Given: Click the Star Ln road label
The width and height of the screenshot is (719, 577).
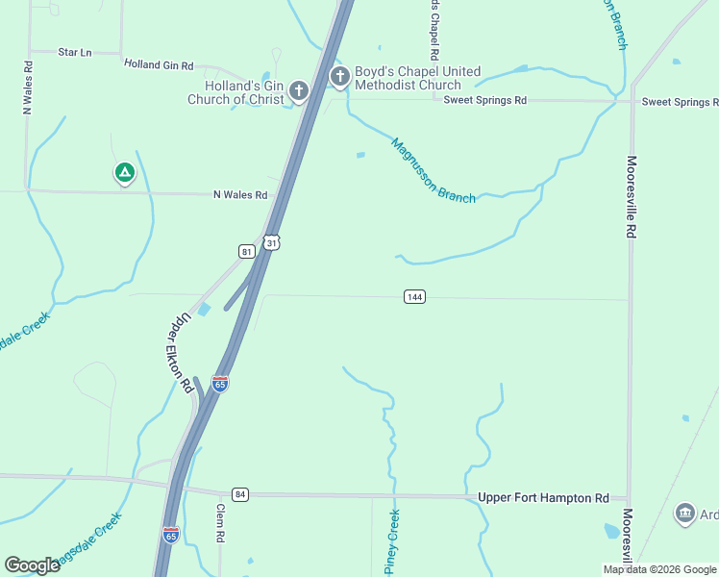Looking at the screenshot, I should pyautogui.click(x=74, y=52).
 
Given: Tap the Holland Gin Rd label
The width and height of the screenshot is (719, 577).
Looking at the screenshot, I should pyautogui.click(x=159, y=65).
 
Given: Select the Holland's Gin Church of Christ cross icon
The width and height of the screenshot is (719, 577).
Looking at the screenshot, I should pyautogui.click(x=299, y=91).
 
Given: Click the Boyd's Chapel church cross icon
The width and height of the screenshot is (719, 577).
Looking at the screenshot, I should pyautogui.click(x=338, y=77).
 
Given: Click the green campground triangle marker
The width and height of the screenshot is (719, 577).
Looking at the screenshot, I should pyautogui.click(x=124, y=174).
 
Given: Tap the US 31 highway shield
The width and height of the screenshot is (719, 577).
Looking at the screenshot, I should pyautogui.click(x=272, y=243).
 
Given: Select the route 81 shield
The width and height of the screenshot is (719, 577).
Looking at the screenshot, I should pyautogui.click(x=247, y=251).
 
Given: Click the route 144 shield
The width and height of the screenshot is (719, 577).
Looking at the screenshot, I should pyautogui.click(x=414, y=297).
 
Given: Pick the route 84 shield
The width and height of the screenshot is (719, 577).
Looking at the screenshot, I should pyautogui.click(x=240, y=494).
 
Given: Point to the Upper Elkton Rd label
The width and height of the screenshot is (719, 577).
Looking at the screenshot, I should pyautogui.click(x=176, y=353).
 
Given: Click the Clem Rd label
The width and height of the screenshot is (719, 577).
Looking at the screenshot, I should pyautogui.click(x=220, y=524).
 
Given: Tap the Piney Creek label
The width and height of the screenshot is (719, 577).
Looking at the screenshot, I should pyautogui.click(x=393, y=541).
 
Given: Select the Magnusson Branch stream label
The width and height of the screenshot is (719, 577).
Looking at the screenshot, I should pyautogui.click(x=433, y=170).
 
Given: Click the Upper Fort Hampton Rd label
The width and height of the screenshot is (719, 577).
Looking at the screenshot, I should pyautogui.click(x=543, y=497).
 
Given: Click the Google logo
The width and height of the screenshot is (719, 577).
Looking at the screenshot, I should pyautogui.click(x=33, y=565).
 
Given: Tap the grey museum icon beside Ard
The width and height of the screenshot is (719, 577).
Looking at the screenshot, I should pyautogui.click(x=684, y=514).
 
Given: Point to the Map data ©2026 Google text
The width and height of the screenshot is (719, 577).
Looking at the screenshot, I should pyautogui.click(x=658, y=569).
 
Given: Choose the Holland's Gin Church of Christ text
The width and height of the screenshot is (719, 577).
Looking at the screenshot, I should pyautogui.click(x=236, y=92).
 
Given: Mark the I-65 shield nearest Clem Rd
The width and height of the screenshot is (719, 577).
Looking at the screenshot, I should pyautogui.click(x=170, y=533).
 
